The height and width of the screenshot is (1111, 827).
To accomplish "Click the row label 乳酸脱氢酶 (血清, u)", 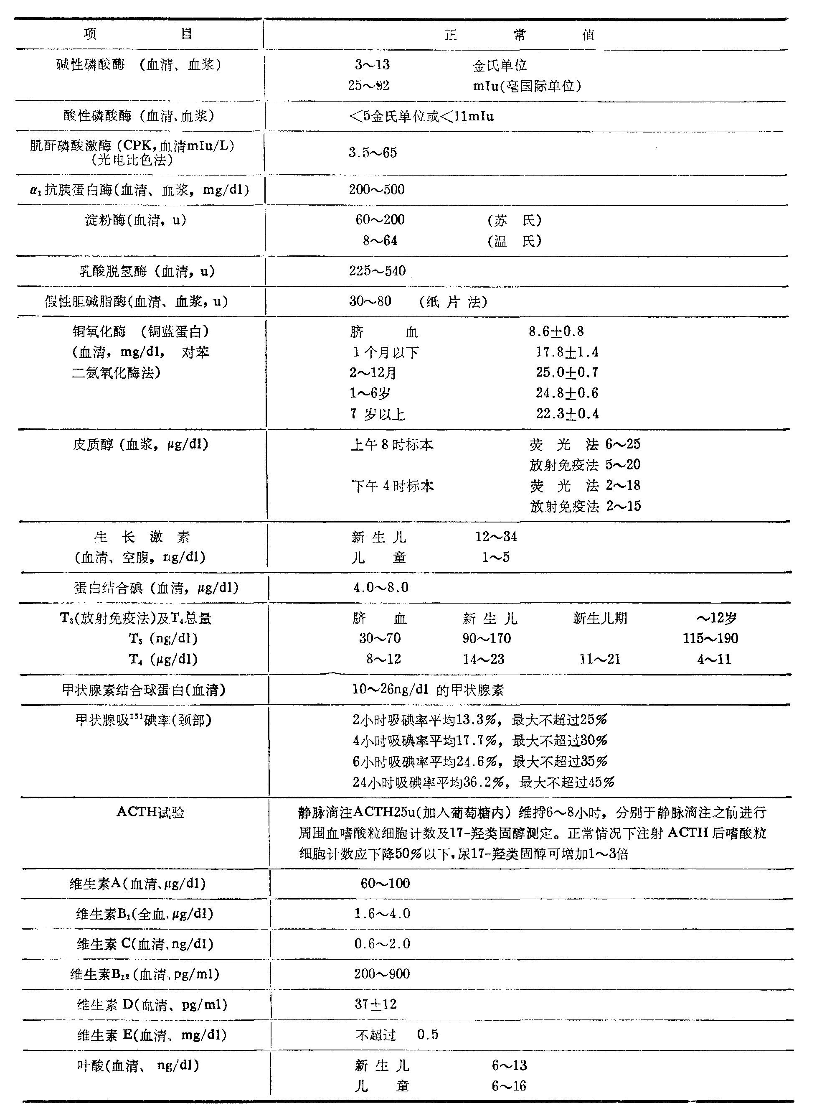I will coord(147,272).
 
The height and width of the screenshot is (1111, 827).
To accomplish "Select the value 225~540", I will coord(377,271).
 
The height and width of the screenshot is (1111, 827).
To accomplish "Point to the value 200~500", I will coord(376,189).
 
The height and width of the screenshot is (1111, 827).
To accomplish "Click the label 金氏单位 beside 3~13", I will coord(500,65).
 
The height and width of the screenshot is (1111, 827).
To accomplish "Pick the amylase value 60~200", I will coord(380,219).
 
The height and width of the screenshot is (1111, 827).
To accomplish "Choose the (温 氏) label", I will coord(514,241).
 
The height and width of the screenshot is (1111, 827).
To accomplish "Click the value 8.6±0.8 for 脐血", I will coord(556,331).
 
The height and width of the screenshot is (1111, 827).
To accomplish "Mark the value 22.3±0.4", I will coord(567,414).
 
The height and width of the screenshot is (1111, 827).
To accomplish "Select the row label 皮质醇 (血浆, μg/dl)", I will coord(140,444).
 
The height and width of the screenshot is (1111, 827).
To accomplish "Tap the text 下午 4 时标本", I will coord(392,486).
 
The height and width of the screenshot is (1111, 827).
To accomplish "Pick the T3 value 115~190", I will coord(710,638).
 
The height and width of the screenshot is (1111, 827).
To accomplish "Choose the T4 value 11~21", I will coord(600,659).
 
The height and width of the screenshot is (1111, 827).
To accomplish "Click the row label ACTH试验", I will coord(150,812).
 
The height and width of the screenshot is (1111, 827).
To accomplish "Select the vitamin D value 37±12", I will coord(375,1004).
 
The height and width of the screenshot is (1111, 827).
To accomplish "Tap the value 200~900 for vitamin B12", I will coord(381,974).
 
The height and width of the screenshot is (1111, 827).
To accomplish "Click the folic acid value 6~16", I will coord(509,1086).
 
